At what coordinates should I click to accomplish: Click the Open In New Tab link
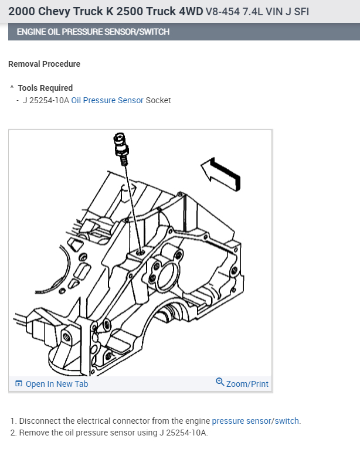[57, 384]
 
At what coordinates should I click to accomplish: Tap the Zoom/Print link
[247, 384]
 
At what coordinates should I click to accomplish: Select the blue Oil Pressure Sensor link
[107, 100]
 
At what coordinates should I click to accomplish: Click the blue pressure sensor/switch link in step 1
[256, 421]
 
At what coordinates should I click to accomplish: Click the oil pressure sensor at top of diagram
[121, 146]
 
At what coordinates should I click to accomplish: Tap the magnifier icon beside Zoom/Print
[220, 382]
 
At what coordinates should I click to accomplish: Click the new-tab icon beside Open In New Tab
[19, 384]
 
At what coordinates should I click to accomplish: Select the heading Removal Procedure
[45, 64]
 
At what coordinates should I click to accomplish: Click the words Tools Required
[45, 88]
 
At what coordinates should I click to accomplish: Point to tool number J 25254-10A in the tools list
[46, 100]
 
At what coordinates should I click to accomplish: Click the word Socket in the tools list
[158, 100]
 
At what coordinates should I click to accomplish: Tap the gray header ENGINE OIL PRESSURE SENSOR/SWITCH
[93, 32]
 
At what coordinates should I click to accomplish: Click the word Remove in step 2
[33, 433]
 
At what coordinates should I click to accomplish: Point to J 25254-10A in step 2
[182, 433]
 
